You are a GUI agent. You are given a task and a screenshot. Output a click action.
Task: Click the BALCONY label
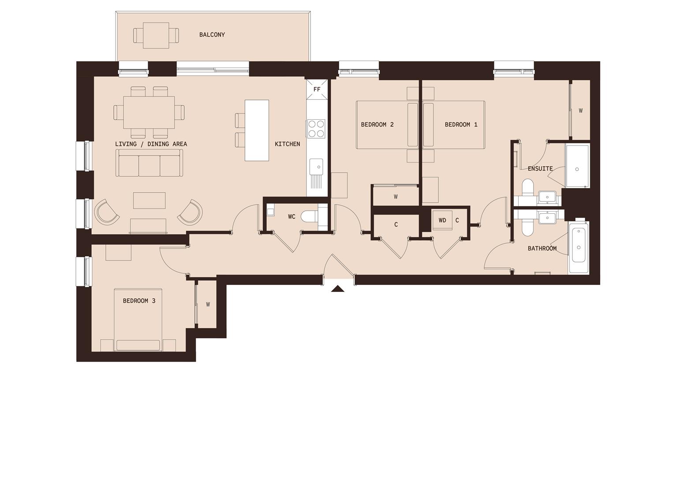click(212, 34)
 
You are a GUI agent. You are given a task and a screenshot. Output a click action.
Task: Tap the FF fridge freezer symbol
click(317, 89)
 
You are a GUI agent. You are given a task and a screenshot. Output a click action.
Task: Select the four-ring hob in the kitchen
click(316, 129)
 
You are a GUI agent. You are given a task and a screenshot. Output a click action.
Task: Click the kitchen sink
click(316, 167)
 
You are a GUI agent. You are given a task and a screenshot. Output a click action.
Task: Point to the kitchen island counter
click(257, 130)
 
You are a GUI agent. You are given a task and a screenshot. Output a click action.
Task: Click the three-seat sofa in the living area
click(149, 163)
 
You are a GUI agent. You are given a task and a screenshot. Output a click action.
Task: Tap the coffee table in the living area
click(150, 200)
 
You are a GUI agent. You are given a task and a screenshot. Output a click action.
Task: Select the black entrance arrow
click(338, 289)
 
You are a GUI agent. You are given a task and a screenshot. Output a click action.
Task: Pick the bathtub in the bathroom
click(579, 247)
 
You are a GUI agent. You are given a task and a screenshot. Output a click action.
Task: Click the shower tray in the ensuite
click(577, 167)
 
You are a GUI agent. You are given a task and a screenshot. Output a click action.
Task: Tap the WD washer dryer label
click(442, 220)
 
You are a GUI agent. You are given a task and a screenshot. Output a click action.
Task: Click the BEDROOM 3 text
click(139, 301)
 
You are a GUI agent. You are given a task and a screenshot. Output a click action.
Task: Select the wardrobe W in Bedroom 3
click(208, 304)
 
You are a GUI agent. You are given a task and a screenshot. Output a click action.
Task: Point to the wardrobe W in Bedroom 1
click(580, 110)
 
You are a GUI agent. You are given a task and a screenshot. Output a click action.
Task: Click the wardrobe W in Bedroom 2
click(396, 197)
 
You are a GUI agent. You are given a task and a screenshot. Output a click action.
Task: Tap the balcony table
click(156, 35)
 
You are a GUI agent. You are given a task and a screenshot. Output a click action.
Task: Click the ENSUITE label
click(540, 168)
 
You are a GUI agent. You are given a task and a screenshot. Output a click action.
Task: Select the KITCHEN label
click(287, 144)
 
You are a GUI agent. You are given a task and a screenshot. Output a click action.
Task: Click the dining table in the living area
click(149, 112)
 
